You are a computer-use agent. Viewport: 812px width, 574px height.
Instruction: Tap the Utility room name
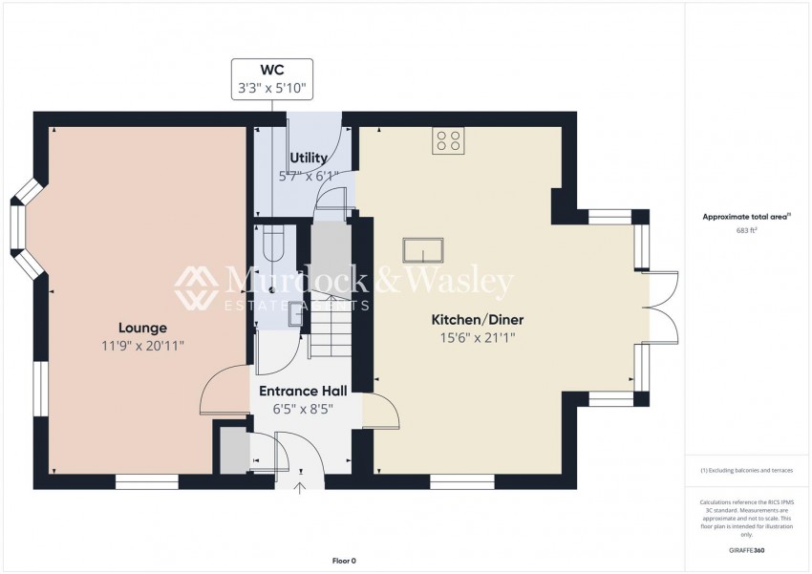309,158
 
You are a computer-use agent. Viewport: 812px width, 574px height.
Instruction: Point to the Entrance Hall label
306,392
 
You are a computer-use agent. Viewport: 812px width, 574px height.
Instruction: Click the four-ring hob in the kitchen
448,140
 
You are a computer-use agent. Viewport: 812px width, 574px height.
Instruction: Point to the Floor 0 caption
343,561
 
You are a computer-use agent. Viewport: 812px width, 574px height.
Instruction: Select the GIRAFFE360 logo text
747,551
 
